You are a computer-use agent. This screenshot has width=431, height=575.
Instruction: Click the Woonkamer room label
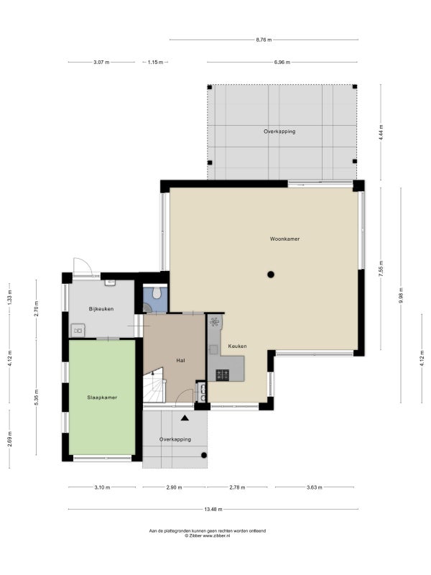click(284, 239)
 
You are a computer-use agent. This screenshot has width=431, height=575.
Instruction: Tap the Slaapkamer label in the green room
click(102, 397)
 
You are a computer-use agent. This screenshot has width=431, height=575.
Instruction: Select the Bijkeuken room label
click(101, 309)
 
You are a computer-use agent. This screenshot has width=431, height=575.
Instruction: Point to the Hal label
click(180, 361)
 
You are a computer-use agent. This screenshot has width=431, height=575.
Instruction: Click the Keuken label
click(237, 346)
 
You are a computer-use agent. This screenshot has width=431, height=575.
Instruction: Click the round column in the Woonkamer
click(271, 275)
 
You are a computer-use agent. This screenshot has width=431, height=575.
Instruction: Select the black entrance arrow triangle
click(185, 418)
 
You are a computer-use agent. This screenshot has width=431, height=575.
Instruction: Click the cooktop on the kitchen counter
click(223, 374)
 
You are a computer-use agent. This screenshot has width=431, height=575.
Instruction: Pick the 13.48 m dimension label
click(213, 509)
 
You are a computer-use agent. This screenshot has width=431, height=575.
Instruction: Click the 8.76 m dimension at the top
click(264, 40)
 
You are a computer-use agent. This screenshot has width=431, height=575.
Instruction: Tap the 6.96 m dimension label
click(282, 63)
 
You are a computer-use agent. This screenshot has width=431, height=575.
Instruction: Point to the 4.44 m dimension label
click(381, 132)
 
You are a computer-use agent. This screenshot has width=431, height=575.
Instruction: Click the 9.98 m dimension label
click(401, 295)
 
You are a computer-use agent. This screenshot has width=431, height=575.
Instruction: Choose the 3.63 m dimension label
click(315, 487)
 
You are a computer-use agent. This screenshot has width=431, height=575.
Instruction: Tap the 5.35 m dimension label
click(36, 397)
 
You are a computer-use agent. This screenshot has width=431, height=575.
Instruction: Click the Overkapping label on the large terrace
click(279, 132)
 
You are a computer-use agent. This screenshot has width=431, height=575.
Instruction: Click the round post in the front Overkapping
click(204, 456)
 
